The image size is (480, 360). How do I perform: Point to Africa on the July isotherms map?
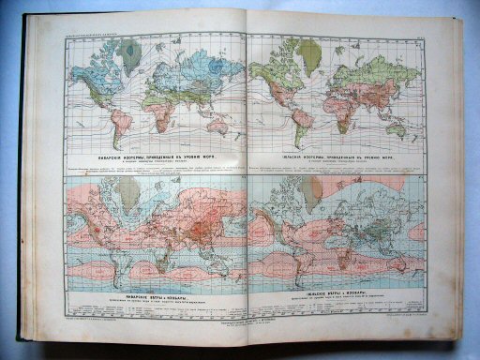pos(342,101)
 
